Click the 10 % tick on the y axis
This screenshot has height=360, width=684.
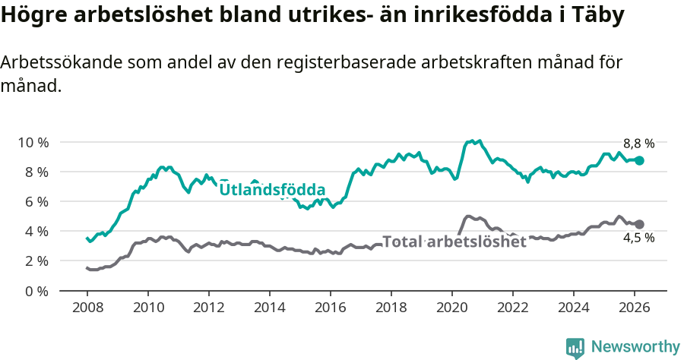click(33, 142)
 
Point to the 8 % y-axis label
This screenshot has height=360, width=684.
click(36, 172)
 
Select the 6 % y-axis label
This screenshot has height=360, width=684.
click(36, 201)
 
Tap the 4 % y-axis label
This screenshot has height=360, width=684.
click(36, 231)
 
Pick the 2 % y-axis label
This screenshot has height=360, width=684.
click(36, 261)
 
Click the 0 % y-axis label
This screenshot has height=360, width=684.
click(36, 291)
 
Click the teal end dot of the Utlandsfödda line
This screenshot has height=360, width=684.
click(640, 160)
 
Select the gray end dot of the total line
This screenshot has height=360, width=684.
click(640, 224)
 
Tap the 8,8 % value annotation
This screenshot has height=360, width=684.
click(638, 143)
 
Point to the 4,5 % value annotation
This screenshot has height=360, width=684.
click(638, 238)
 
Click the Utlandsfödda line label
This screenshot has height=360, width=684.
click(272, 190)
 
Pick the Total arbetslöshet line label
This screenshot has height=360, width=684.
click(454, 242)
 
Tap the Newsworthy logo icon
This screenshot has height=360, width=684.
click(575, 347)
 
